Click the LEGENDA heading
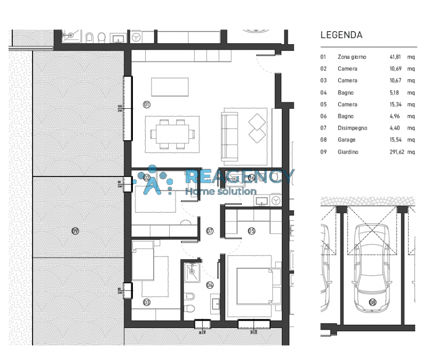pos(341,35)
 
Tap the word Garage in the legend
pos(346,140)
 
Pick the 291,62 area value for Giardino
pos(397,152)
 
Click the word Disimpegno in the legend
pos(352,128)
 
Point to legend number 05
pos(323,105)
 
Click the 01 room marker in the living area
pos(147,105)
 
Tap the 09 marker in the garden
pos(75,231)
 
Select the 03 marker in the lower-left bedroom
pos(147,302)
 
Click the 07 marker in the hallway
pos(210,231)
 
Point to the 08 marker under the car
pos(372,303)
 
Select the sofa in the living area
pos(231,135)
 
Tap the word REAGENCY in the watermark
pos(240,177)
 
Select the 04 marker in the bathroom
pos(210,285)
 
